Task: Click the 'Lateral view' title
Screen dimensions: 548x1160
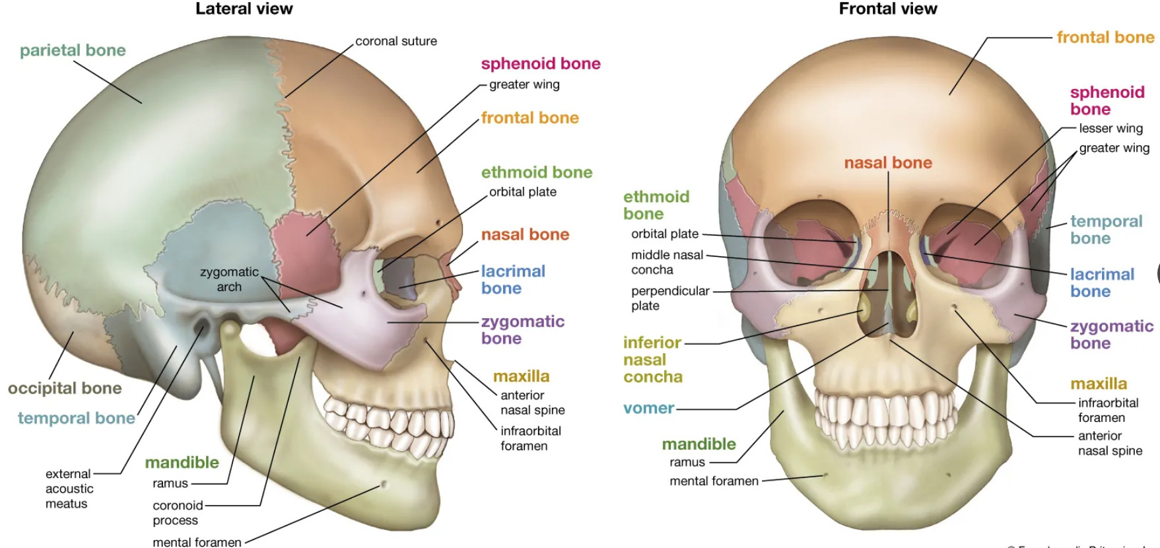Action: (244, 9)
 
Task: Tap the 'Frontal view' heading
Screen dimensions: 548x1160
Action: (887, 9)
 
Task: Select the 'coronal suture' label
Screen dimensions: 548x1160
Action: (395, 41)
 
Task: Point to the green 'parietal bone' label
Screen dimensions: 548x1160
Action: (73, 51)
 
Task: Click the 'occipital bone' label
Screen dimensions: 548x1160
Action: (65, 388)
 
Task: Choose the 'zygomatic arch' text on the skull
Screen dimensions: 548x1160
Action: (229, 279)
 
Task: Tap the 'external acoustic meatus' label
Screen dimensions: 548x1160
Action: (69, 489)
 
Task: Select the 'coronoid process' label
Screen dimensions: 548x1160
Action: (177, 513)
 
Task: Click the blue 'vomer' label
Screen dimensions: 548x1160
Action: (648, 409)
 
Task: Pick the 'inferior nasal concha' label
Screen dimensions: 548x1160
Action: (652, 360)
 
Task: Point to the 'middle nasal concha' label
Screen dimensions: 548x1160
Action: (666, 262)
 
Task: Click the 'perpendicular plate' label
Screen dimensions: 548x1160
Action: (669, 298)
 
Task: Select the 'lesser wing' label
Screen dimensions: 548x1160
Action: (1110, 129)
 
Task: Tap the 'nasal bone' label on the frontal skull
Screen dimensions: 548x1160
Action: (888, 163)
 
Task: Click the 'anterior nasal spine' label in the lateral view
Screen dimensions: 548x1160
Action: (532, 403)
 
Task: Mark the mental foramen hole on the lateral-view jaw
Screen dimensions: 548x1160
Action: (384, 485)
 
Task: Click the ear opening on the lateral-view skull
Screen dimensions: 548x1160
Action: (201, 327)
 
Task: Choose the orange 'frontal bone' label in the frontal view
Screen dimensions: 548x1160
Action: (1105, 38)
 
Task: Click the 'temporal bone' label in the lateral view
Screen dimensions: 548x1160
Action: (77, 419)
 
